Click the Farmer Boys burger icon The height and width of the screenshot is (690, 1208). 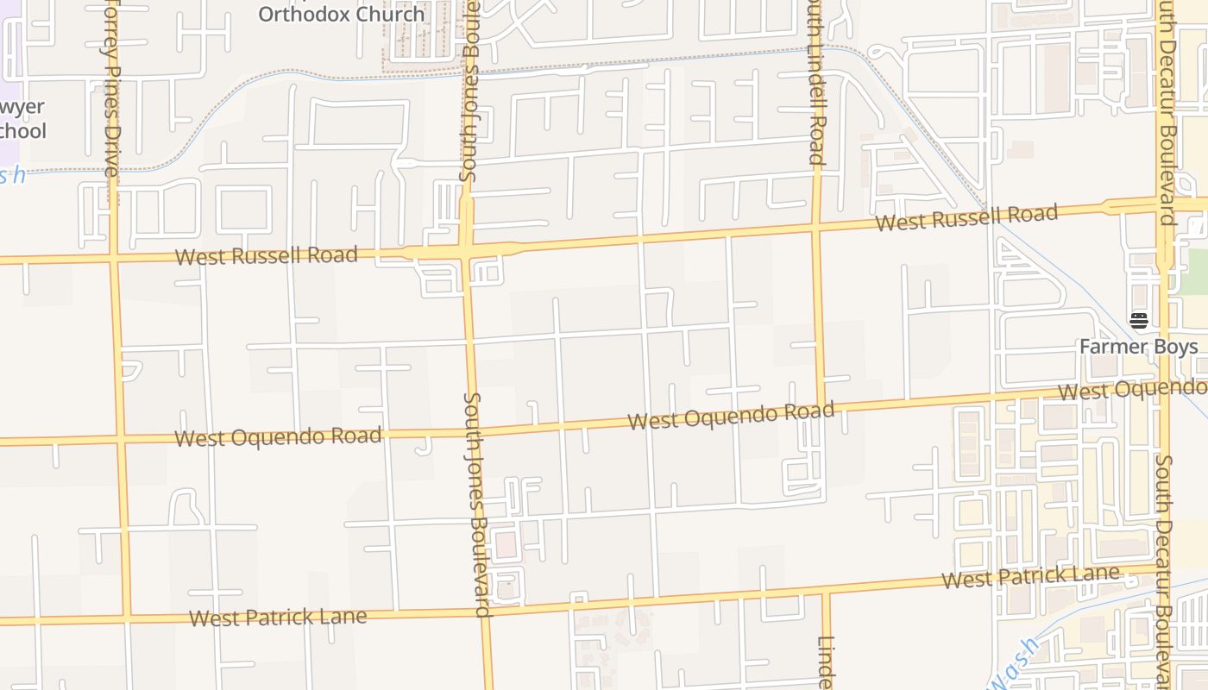(x=1139, y=321)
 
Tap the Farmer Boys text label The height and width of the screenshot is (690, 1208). (x=1139, y=347)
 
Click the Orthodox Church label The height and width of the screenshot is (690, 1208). (x=342, y=14)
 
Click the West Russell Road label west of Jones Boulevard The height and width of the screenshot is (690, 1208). (x=266, y=255)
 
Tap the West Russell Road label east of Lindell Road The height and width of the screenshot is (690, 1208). (x=966, y=217)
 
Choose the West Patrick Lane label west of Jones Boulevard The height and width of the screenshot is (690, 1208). (x=278, y=618)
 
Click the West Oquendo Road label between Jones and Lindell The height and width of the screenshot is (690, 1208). (x=731, y=416)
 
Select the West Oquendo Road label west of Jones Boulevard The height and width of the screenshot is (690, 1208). (x=278, y=436)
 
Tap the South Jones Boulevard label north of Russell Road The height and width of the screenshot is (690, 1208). (x=469, y=95)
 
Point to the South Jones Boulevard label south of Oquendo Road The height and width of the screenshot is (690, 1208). (x=477, y=505)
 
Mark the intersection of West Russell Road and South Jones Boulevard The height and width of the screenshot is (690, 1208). (x=467, y=252)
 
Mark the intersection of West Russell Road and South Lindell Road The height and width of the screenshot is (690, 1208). (x=817, y=229)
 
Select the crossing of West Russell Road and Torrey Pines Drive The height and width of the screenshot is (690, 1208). (x=115, y=258)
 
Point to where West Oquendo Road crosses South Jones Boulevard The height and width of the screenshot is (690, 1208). (x=473, y=430)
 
